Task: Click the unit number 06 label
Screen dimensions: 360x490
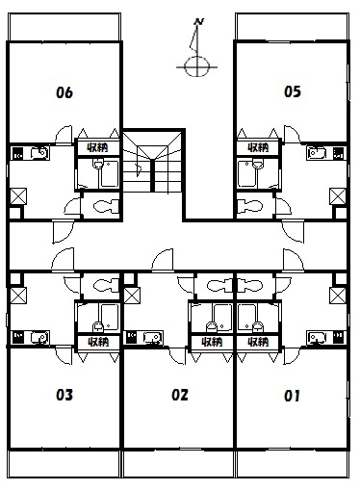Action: tap(64, 92)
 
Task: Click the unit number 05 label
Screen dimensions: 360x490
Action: tap(293, 91)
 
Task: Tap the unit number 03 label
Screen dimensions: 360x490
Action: tap(64, 395)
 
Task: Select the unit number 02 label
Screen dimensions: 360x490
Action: tap(180, 395)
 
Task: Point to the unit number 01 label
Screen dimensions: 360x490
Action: tap(292, 396)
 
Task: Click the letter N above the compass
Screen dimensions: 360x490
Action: tap(199, 22)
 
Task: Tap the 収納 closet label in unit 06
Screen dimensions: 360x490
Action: tap(98, 147)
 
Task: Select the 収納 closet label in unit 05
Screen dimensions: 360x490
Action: tap(258, 147)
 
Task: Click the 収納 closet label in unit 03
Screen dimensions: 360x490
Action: tap(98, 342)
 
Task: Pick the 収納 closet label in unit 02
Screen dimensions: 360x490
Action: tap(212, 342)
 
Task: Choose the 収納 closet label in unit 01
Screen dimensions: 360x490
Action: tap(258, 342)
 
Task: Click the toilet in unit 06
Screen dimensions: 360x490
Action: tap(106, 206)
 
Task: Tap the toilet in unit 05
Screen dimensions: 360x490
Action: tap(250, 206)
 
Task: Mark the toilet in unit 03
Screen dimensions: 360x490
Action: tap(106, 285)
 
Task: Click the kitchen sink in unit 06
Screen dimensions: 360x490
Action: tap(39, 153)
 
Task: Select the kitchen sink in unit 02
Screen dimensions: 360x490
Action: tap(153, 337)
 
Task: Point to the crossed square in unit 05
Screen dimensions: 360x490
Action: tap(338, 196)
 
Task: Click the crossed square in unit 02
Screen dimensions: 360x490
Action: tap(132, 296)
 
